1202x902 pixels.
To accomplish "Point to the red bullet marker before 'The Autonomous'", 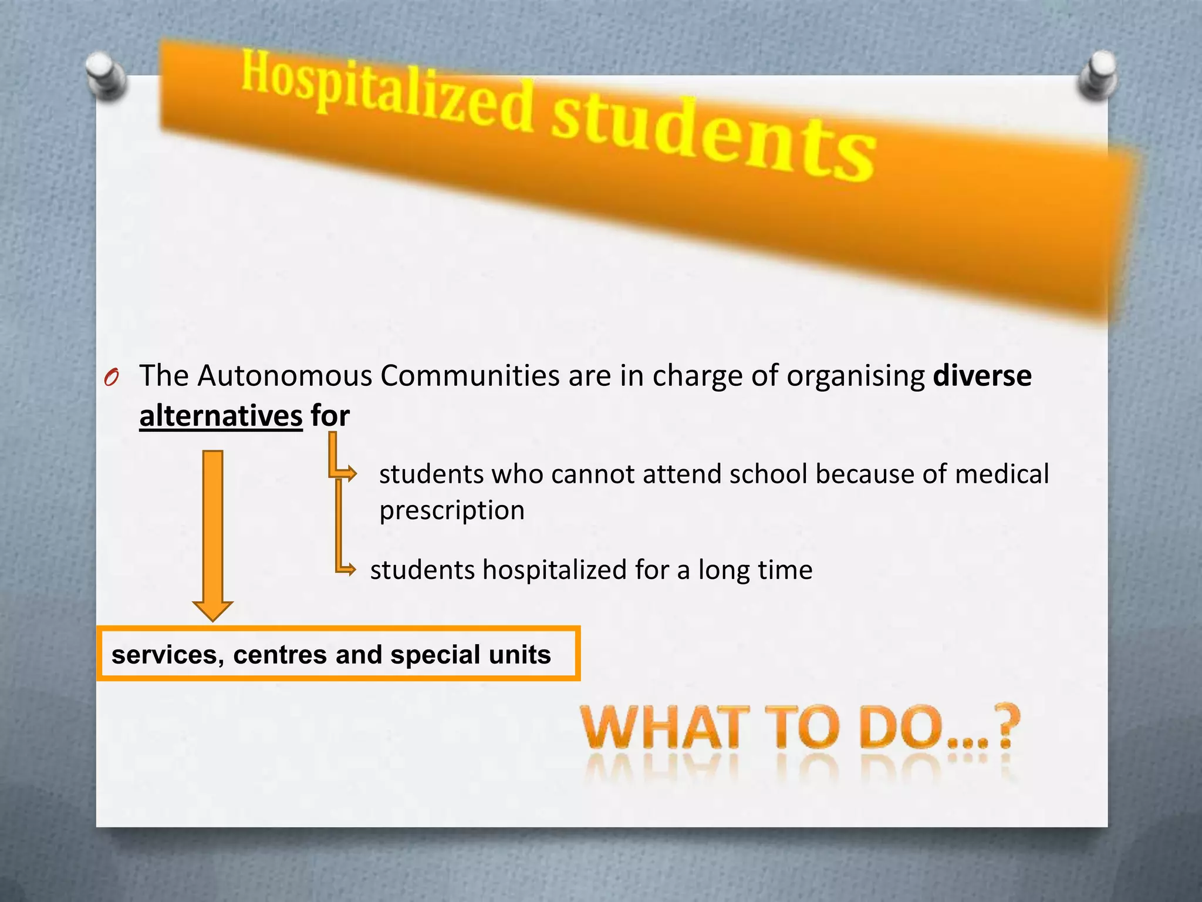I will tap(112, 378).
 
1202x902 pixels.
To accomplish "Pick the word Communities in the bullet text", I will tap(470, 376).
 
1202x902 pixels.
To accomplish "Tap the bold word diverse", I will tap(982, 376).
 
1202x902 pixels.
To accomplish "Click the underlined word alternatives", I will tap(221, 416).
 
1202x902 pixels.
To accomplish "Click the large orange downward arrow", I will tap(212, 534).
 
